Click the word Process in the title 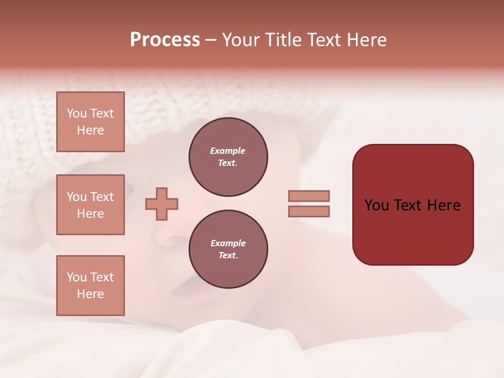(165, 40)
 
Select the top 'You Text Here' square (90, 122)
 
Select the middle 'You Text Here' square (90, 205)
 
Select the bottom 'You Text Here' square (90, 286)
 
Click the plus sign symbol (162, 204)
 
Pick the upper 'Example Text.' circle (228, 157)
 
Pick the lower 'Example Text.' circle (228, 249)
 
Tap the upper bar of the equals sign (309, 196)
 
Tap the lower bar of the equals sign (309, 211)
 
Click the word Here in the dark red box (444, 205)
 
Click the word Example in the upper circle (228, 151)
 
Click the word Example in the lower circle (228, 244)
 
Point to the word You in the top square (77, 113)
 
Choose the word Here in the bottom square (90, 294)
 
